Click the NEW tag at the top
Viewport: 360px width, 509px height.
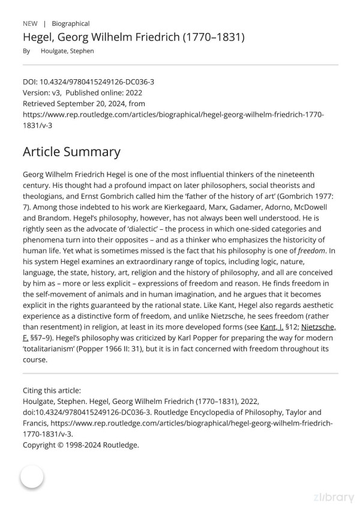click(x=30, y=23)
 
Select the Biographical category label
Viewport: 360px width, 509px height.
click(x=71, y=23)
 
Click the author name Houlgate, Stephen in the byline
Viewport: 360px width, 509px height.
click(x=67, y=51)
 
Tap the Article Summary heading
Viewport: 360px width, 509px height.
click(x=71, y=151)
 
